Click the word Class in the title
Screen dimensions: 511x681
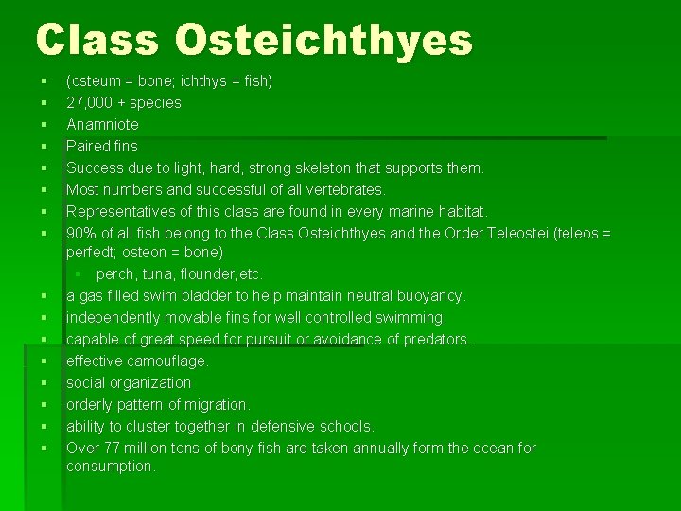point(98,41)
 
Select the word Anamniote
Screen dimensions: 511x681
point(102,124)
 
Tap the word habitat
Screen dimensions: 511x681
point(487,211)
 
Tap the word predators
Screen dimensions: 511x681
point(436,339)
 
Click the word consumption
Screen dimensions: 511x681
point(110,466)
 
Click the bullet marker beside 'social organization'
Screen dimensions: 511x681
point(44,382)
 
